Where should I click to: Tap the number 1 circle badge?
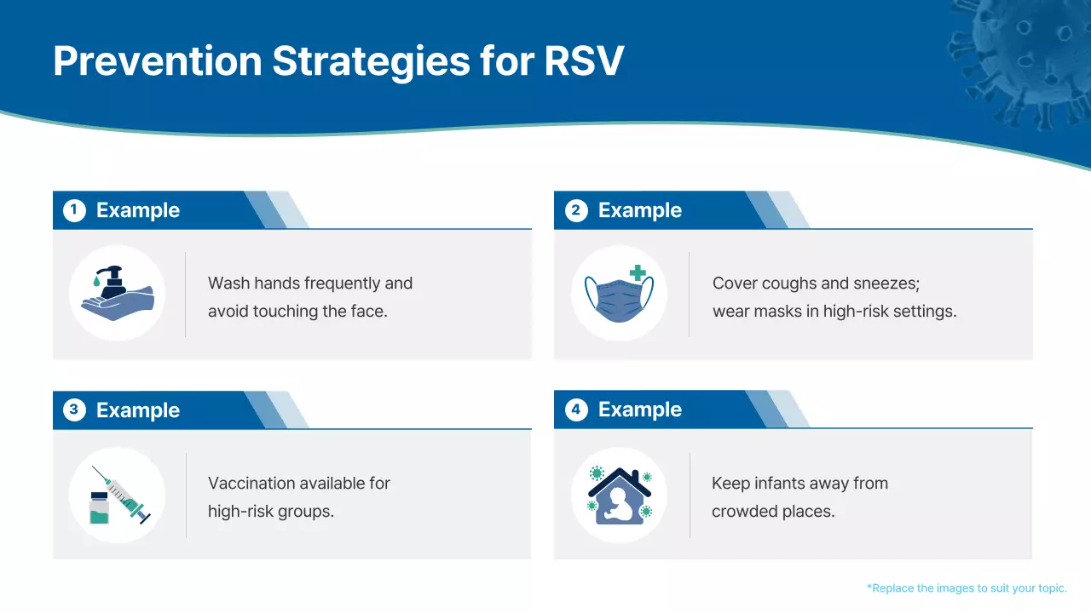coord(74,210)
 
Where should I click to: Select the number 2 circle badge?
coord(576,210)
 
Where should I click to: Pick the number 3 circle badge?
coord(74,410)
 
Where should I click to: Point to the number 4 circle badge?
coord(576,410)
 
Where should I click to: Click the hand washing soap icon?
coord(118,294)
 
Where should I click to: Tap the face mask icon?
coord(619,295)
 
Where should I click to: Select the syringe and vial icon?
coord(118,495)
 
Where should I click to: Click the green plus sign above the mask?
coord(638,273)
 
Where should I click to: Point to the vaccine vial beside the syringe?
coord(100,508)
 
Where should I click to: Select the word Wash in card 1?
coord(226,283)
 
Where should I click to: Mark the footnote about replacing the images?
coord(967,587)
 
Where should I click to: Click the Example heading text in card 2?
coord(639,210)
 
